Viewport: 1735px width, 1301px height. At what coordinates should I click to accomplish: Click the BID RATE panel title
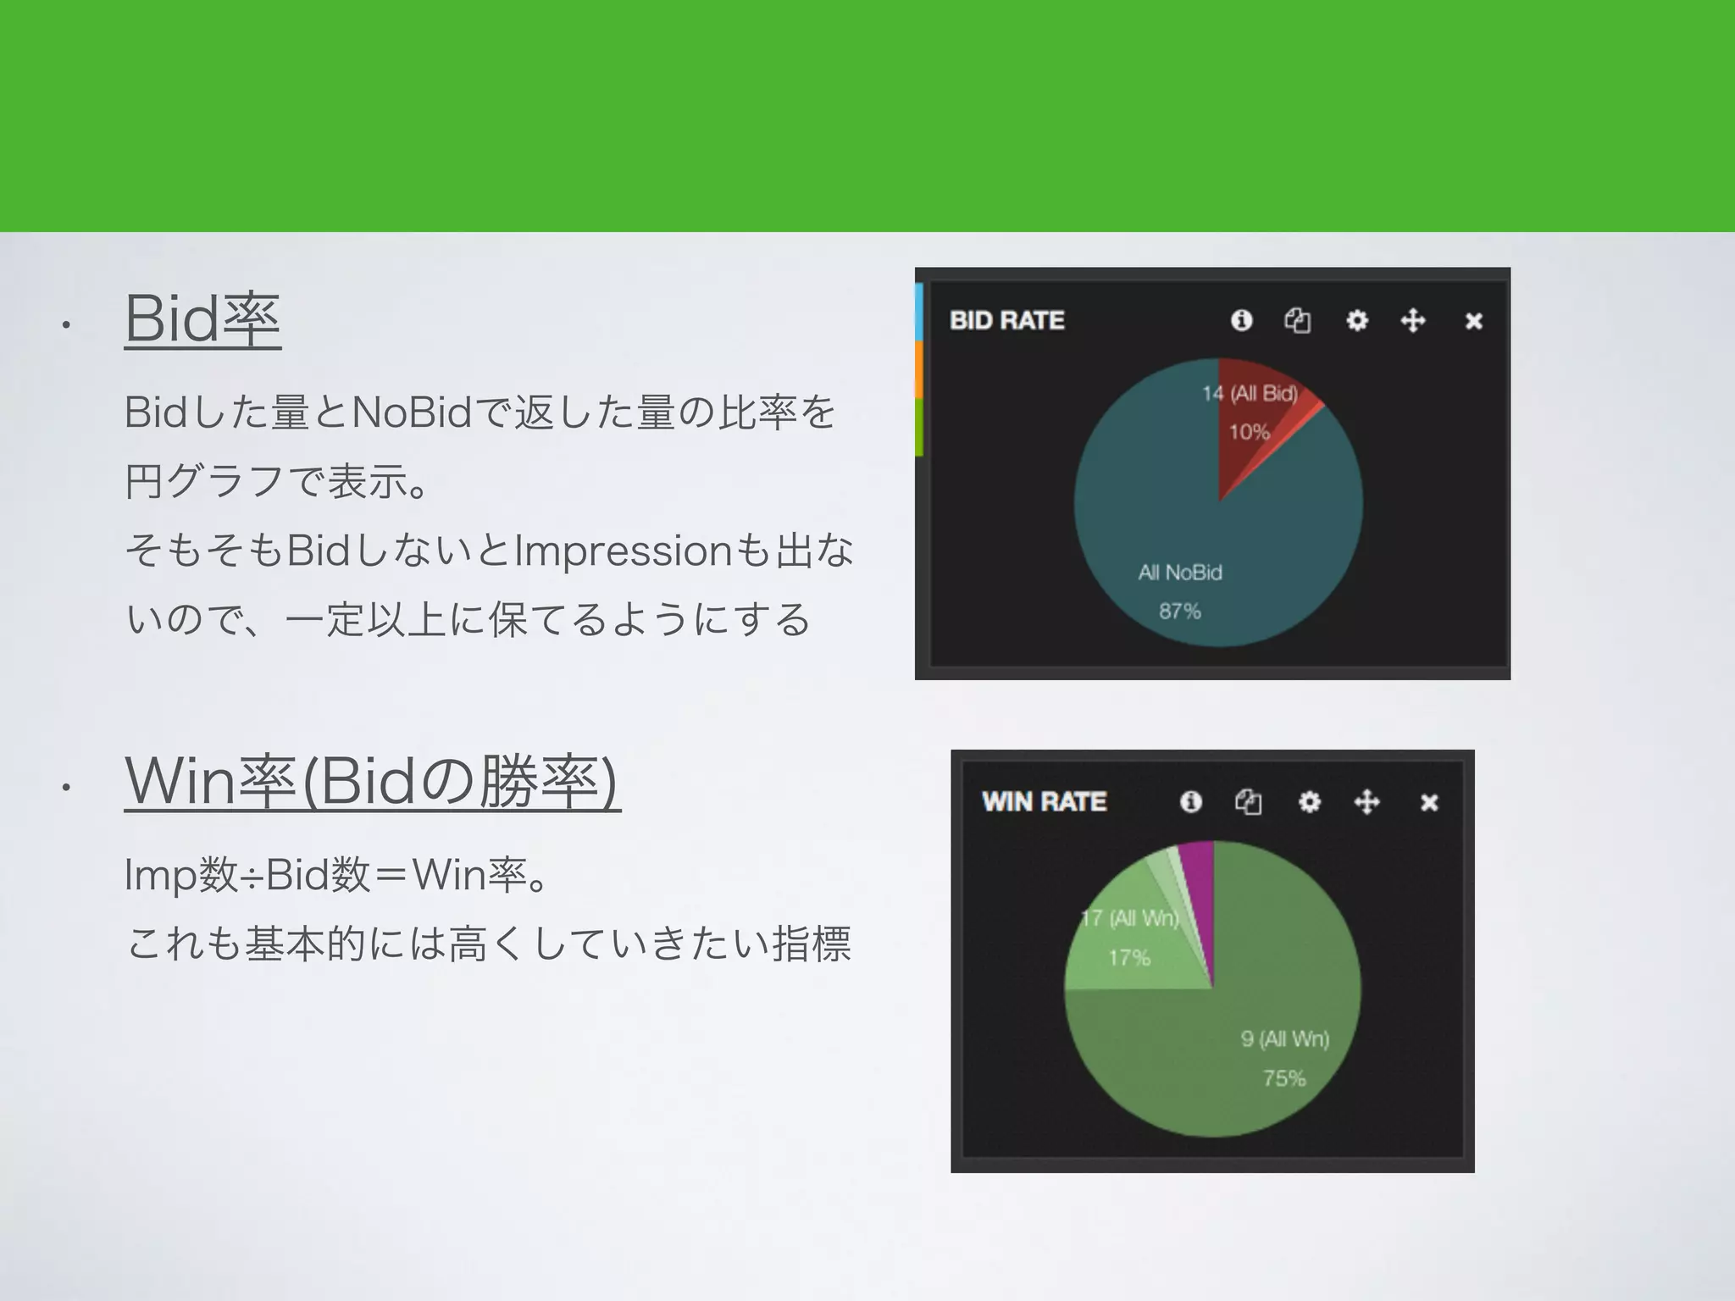pyautogui.click(x=1006, y=320)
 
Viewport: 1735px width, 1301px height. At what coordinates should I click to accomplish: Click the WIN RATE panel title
pyautogui.click(x=1044, y=801)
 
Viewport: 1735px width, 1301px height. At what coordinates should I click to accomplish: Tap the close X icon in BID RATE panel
pyautogui.click(x=1473, y=321)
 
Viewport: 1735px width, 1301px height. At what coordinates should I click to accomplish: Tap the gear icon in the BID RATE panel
pyautogui.click(x=1356, y=320)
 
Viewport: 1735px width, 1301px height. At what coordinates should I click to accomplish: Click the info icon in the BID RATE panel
pyautogui.click(x=1241, y=320)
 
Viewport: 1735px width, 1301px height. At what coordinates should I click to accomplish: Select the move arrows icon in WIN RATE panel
pyautogui.click(x=1366, y=801)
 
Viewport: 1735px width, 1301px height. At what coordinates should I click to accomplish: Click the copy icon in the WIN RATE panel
pyautogui.click(x=1248, y=801)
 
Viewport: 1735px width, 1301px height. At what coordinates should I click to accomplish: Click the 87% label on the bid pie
pyautogui.click(x=1179, y=611)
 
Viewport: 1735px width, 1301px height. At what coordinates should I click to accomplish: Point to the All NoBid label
pyautogui.click(x=1179, y=573)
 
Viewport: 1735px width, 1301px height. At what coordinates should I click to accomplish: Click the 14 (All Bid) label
pyautogui.click(x=1250, y=393)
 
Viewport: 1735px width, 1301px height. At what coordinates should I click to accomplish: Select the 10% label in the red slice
pyautogui.click(x=1249, y=432)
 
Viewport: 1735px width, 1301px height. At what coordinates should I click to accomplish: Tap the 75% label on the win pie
pyautogui.click(x=1283, y=1078)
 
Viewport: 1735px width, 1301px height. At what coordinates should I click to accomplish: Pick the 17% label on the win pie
pyautogui.click(x=1129, y=958)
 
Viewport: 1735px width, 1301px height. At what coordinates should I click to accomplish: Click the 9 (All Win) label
pyautogui.click(x=1284, y=1038)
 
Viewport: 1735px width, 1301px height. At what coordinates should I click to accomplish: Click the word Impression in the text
pyautogui.click(x=624, y=551)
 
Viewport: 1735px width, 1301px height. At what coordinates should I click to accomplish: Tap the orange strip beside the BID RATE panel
pyautogui.click(x=918, y=370)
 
